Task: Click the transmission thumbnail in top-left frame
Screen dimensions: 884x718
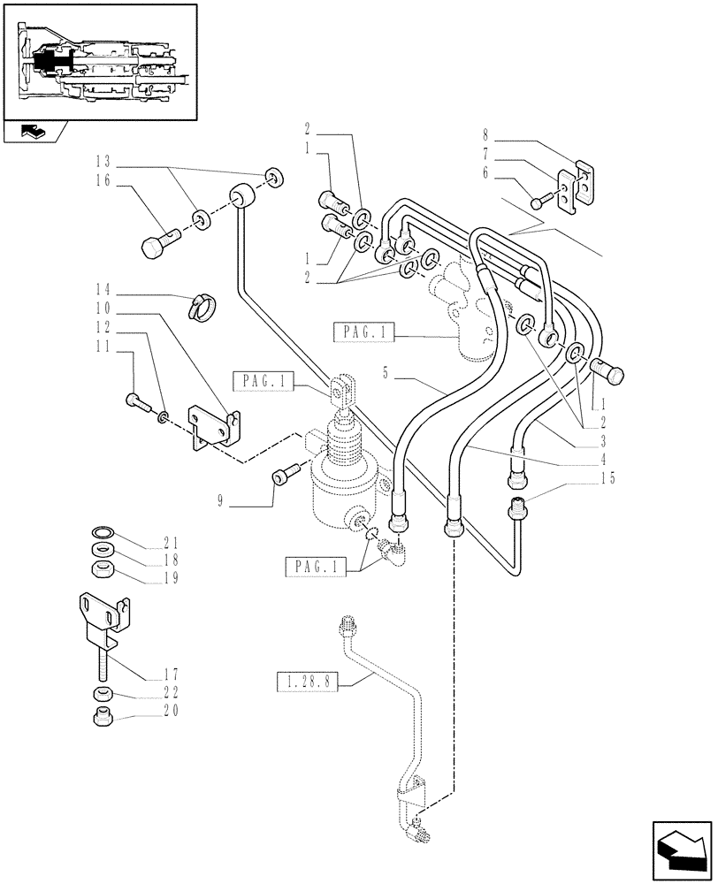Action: [99, 62]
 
